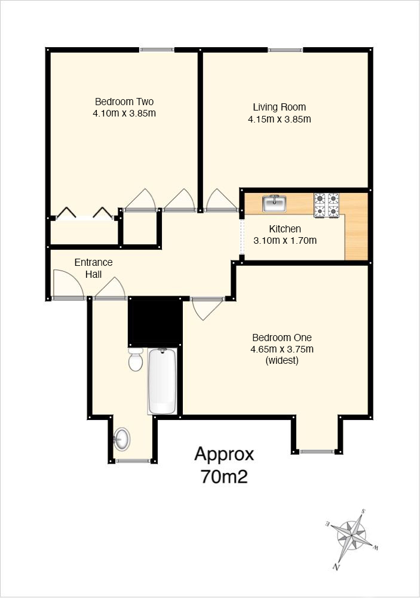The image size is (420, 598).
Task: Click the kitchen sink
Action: point(274,203)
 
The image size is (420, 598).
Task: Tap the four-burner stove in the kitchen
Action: point(327,206)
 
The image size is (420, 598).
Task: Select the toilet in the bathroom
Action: point(136,359)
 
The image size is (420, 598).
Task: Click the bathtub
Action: point(162,381)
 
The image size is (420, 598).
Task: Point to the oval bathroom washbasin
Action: point(122,439)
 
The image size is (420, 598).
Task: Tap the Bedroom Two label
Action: point(124,102)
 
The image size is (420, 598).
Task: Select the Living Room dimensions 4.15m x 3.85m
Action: point(279,119)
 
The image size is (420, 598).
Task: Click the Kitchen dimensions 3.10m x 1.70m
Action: point(285,240)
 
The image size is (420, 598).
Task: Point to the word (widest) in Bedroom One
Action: point(282,360)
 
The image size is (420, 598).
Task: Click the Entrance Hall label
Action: point(93,268)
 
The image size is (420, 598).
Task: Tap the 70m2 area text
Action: point(224,477)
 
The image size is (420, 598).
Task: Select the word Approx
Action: point(224,455)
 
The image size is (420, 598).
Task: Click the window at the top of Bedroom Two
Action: point(157,50)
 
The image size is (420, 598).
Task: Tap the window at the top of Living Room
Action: point(286,50)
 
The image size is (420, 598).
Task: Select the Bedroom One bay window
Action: point(317,452)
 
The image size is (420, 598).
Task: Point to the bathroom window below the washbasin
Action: point(133,461)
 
